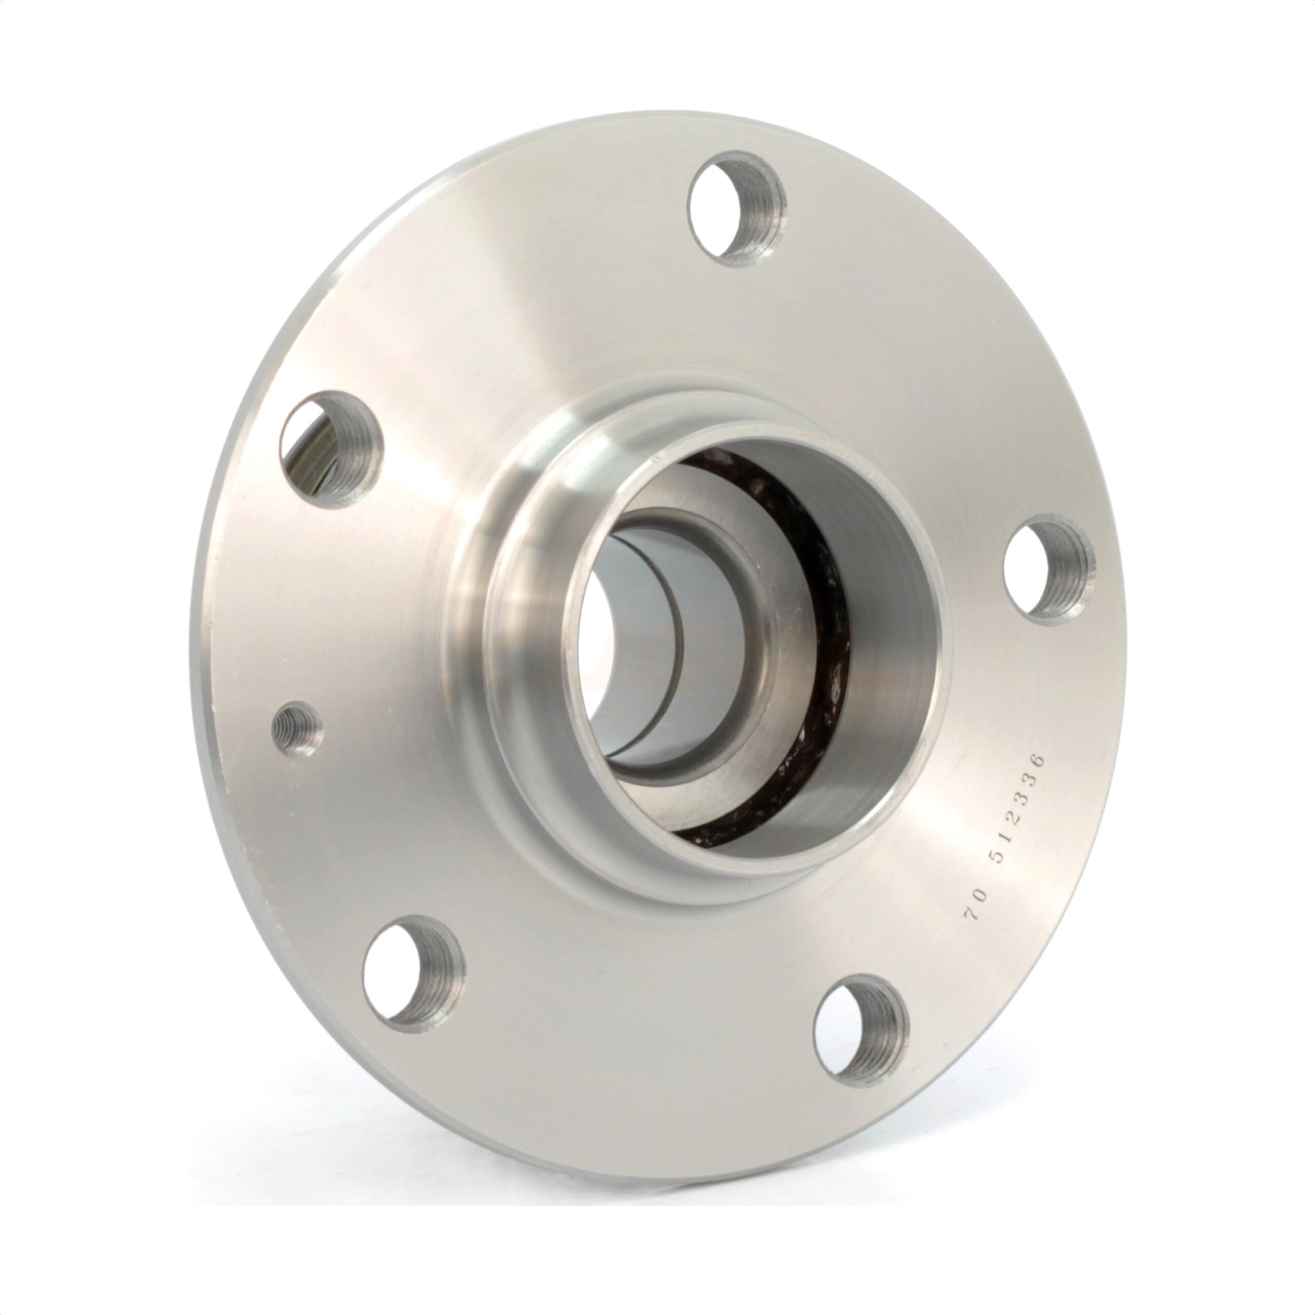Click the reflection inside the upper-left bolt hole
point(310,449)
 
